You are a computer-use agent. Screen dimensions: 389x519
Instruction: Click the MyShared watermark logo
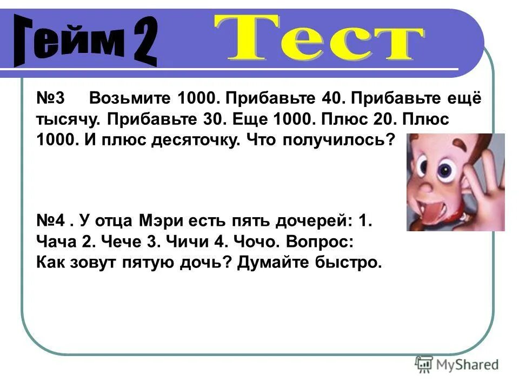point(457,364)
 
